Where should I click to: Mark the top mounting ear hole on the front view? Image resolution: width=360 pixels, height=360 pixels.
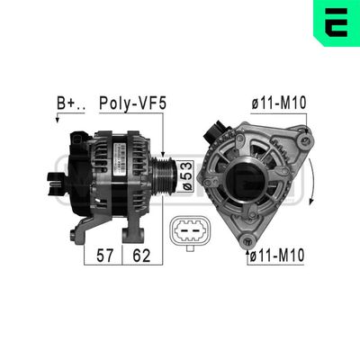tap(306, 139)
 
